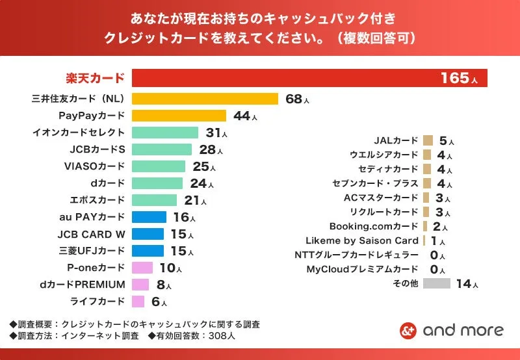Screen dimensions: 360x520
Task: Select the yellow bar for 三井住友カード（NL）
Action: [x=205, y=99]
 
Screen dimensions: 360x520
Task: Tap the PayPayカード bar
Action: [x=179, y=116]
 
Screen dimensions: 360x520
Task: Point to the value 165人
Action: [x=459, y=79]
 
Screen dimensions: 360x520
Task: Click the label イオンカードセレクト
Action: [x=79, y=133]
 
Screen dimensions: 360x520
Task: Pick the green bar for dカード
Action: [x=157, y=183]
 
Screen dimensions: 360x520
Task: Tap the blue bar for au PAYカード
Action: [x=149, y=217]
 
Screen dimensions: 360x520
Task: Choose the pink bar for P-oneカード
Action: [x=142, y=268]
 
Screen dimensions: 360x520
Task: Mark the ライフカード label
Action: [x=97, y=302]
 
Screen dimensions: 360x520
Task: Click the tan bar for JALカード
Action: [x=428, y=140]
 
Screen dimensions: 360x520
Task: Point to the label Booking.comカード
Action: [x=374, y=226]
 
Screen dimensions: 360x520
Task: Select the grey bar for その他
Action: [x=437, y=283]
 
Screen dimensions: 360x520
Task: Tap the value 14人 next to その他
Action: [x=467, y=284]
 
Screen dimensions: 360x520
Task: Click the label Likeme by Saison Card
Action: [x=362, y=240]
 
